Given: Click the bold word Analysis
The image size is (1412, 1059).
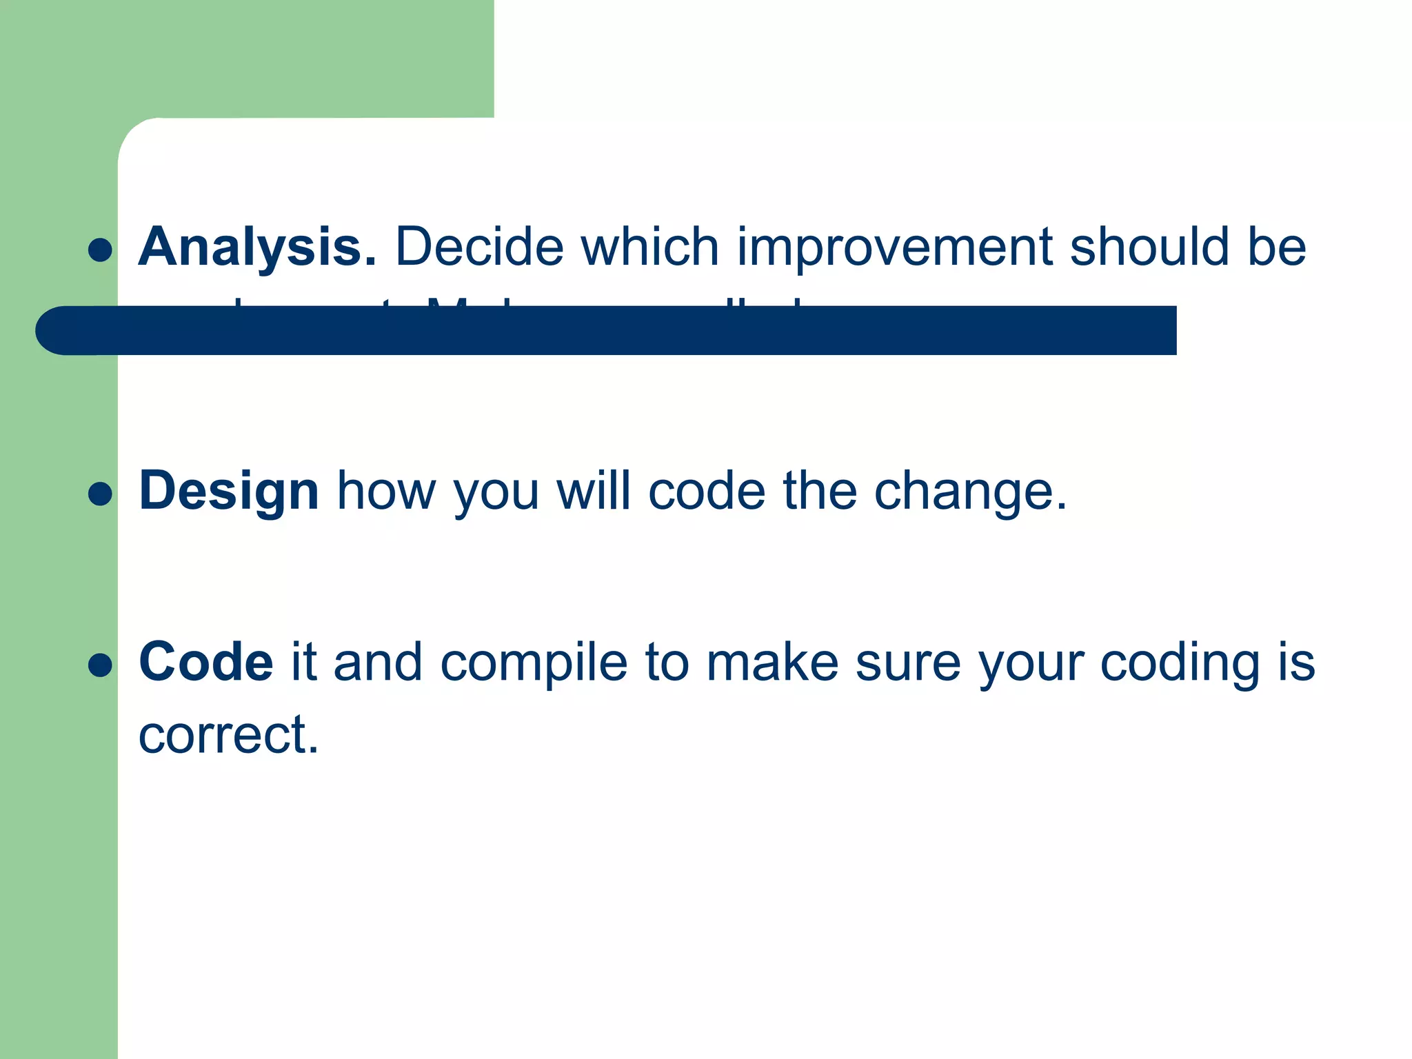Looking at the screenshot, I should pos(256,247).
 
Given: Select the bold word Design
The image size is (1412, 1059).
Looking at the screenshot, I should pos(228,491).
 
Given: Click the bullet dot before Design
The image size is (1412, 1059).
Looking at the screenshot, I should pos(101,494).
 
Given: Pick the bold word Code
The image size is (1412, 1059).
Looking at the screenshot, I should pos(205,662).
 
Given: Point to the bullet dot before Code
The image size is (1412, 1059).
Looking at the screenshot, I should pos(101,665).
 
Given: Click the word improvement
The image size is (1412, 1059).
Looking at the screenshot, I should pos(894,247).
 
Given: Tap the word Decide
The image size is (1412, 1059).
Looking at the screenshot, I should pos(479,247).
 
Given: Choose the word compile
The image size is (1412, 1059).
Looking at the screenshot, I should pos(534,662).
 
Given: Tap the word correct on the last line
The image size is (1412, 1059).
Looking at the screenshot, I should pos(228,734).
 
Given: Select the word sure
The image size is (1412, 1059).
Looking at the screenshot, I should pos(907,662).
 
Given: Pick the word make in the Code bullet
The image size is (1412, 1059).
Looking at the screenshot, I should pos(772,662).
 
